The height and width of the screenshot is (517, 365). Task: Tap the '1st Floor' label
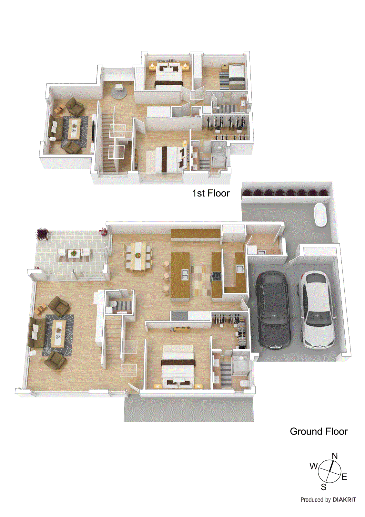(x=211, y=193)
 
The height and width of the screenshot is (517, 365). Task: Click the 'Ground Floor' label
(x=319, y=431)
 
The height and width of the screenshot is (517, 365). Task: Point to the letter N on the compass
(x=335, y=456)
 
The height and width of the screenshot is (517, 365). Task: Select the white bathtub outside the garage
(x=320, y=215)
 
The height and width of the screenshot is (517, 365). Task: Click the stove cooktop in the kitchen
(x=216, y=276)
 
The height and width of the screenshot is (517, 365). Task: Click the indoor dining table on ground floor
(x=138, y=256)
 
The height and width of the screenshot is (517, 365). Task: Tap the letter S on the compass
(x=323, y=487)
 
